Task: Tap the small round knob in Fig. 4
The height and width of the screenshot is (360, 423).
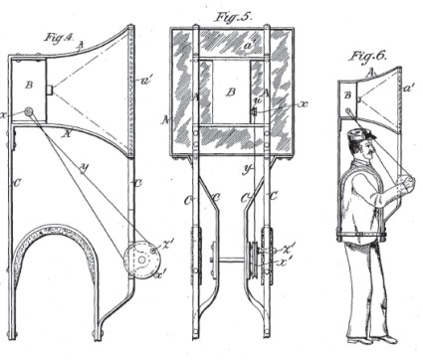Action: click(29, 111)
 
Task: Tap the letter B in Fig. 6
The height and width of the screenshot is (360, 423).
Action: click(347, 94)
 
